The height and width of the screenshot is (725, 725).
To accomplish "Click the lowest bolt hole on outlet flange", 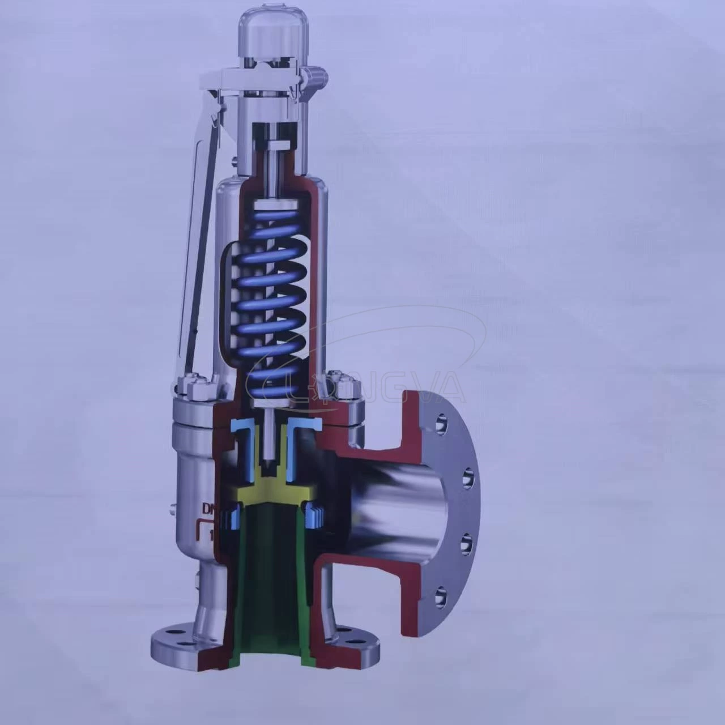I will pos(440,596).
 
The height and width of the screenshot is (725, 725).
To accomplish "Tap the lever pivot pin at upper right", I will pos(317,75).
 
